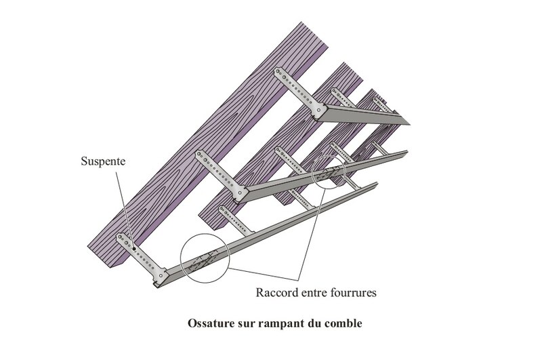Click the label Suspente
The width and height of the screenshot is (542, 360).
102,163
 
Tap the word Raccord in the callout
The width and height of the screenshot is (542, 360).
275,294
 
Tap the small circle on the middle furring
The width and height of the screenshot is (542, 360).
330,172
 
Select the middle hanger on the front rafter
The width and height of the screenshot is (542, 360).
220,174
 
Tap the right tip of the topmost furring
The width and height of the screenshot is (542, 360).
410,123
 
